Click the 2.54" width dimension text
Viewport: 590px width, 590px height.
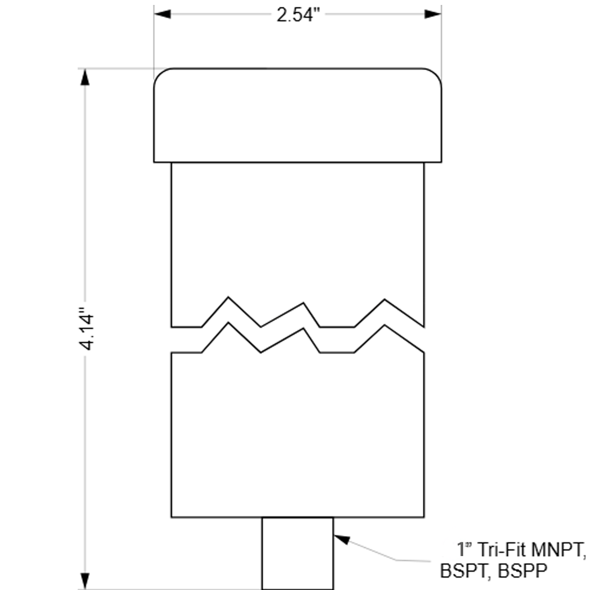coord(298,15)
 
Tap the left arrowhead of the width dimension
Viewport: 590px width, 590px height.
coord(162,14)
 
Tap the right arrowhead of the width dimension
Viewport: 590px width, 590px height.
coord(433,14)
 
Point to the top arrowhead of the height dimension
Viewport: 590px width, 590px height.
coord(85,77)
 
